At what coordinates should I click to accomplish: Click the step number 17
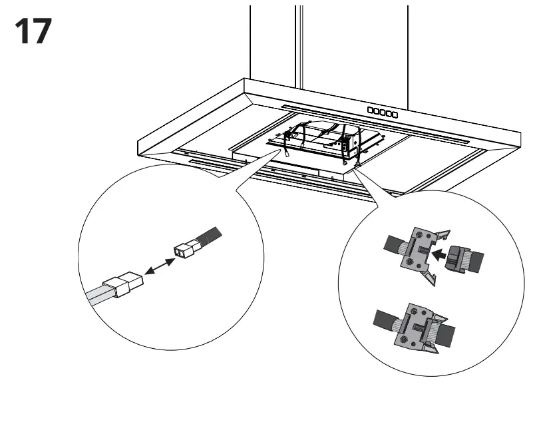[33, 31]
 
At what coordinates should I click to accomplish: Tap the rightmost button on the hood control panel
[395, 114]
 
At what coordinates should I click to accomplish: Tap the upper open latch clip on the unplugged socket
[442, 236]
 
